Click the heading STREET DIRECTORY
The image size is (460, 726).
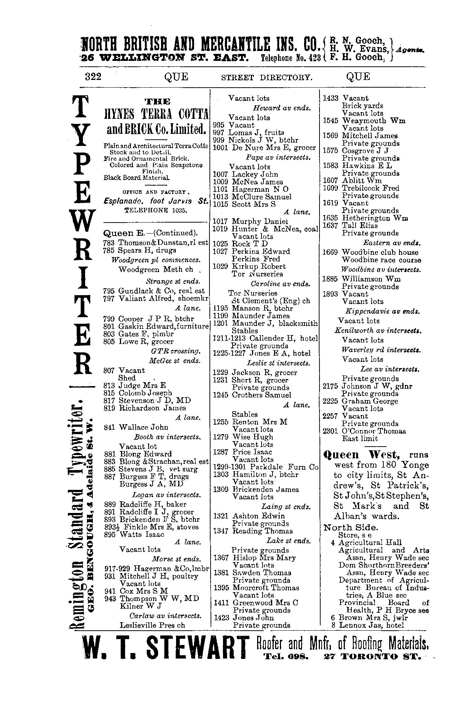pyautogui.click(x=267, y=77)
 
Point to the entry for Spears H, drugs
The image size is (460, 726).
pyautogui.click(x=147, y=250)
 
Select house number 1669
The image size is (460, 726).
pyautogui.click(x=330, y=252)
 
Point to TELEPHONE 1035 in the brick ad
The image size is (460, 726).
pyautogui.click(x=156, y=210)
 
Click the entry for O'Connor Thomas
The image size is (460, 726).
pyautogui.click(x=374, y=431)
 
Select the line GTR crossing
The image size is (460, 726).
pyautogui.click(x=172, y=351)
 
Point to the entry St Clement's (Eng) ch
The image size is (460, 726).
pyautogui.click(x=271, y=301)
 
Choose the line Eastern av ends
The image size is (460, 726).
pyautogui.click(x=391, y=243)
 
